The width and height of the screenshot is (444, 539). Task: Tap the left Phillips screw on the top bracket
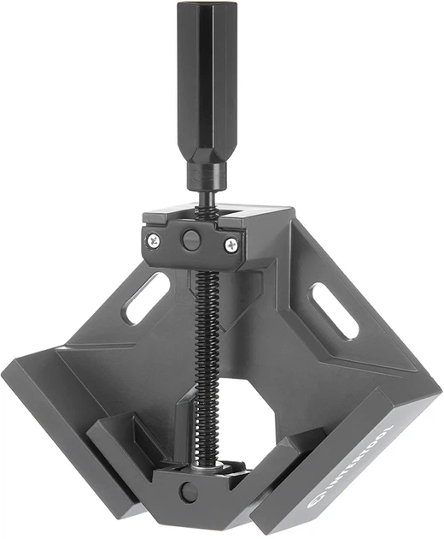coord(155,240)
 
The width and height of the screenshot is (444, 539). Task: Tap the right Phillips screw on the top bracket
coord(231,245)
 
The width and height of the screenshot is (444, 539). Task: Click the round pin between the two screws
coord(192,240)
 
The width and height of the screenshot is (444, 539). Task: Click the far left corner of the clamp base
coord(7,370)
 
